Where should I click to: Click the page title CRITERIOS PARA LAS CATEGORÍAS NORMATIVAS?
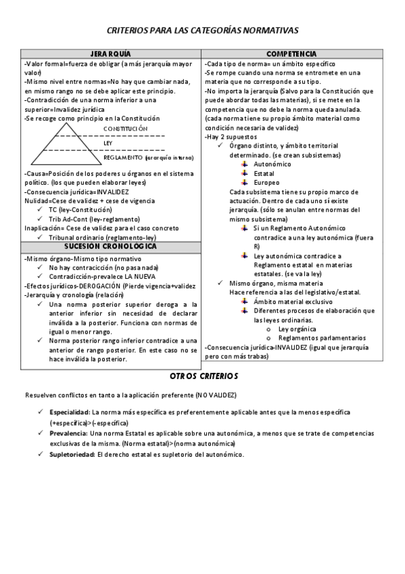click(x=202, y=30)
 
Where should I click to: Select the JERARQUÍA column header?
click(x=110, y=53)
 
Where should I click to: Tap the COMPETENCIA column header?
click(x=291, y=53)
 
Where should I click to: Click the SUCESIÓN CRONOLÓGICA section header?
click(x=110, y=246)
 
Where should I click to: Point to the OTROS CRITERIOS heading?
click(x=203, y=376)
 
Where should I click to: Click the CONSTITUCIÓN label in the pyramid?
click(x=125, y=128)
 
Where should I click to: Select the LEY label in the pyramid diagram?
click(x=108, y=143)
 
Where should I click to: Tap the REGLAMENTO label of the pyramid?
click(x=123, y=158)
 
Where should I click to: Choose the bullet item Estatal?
click(x=264, y=173)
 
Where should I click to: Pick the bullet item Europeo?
click(x=266, y=182)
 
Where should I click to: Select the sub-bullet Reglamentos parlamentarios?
click(x=322, y=337)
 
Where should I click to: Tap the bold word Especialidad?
click(x=70, y=412)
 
